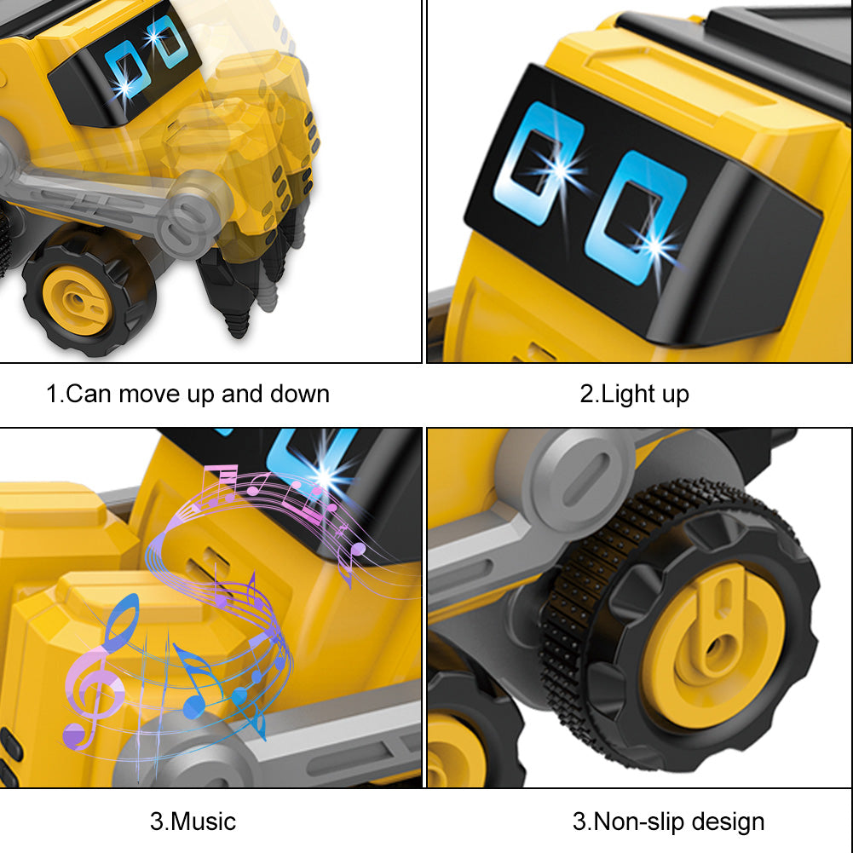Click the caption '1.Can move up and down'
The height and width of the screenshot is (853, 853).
[187, 394]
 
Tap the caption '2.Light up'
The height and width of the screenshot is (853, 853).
[634, 394]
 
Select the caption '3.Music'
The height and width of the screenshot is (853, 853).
[193, 821]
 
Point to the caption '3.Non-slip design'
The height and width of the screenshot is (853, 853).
[669, 822]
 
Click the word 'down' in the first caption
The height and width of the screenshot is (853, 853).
[300, 394]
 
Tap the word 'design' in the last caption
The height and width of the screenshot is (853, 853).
[729, 822]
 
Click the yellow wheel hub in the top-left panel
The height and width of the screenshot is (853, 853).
[77, 300]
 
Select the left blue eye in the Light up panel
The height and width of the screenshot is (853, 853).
[536, 164]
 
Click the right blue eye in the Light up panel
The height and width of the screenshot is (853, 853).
[636, 217]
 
